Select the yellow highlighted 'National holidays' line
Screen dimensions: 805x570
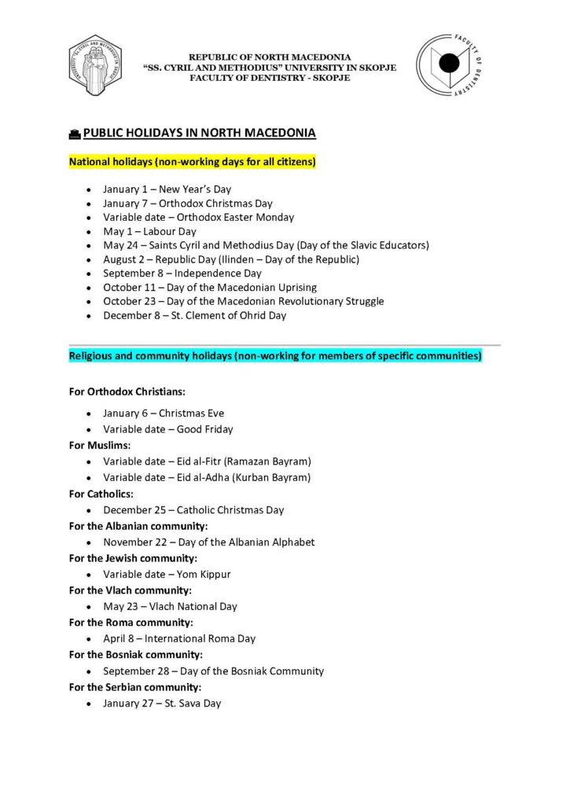tap(192, 162)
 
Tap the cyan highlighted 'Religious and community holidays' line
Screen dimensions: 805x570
tap(275, 356)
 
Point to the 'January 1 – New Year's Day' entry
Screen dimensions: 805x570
tap(167, 189)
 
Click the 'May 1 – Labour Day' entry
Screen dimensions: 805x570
tap(149, 232)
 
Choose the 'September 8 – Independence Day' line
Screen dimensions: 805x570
tap(182, 274)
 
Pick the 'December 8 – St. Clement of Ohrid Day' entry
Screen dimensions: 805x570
tap(194, 316)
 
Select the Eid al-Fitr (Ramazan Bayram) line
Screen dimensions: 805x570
tap(207, 461)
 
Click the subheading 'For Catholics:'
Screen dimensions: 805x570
tap(101, 494)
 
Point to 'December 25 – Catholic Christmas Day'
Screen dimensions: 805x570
tap(193, 510)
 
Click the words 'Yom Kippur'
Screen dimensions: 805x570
tap(204, 575)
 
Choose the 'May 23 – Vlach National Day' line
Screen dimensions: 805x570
tap(170, 607)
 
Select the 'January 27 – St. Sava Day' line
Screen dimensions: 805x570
tap(162, 704)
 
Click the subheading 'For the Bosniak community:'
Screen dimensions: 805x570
tap(135, 655)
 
